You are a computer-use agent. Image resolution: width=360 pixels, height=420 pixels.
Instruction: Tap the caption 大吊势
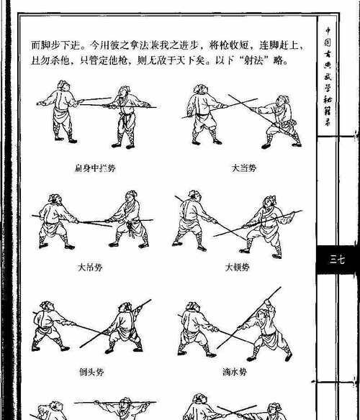(x=90, y=267)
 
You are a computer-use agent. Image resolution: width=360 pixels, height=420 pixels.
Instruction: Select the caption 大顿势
(x=236, y=267)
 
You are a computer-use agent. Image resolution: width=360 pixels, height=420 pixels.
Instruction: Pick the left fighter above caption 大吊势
(x=54, y=221)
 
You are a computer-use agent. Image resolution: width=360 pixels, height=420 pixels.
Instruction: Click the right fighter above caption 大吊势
(x=130, y=219)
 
